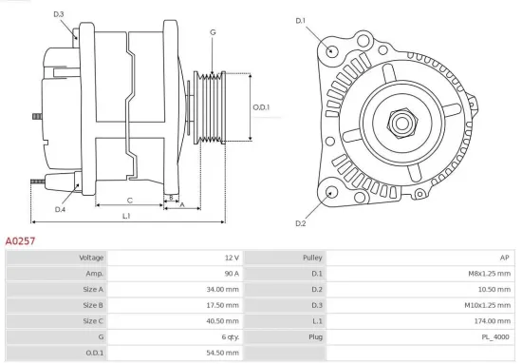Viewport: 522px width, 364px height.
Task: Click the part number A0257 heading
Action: [21, 241]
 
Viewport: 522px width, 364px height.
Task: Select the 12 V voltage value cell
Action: [231, 258]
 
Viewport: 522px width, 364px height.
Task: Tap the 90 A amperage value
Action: [231, 273]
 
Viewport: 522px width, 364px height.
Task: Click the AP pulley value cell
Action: [503, 258]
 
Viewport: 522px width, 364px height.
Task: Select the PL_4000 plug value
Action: [494, 336]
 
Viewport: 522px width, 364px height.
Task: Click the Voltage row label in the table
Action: [91, 258]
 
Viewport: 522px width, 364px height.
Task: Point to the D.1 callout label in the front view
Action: [300, 21]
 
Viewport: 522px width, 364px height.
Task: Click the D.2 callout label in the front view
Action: [300, 223]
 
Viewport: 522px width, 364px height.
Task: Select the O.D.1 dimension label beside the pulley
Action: [261, 107]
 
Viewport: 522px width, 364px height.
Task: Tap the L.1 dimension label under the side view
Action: [126, 217]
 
